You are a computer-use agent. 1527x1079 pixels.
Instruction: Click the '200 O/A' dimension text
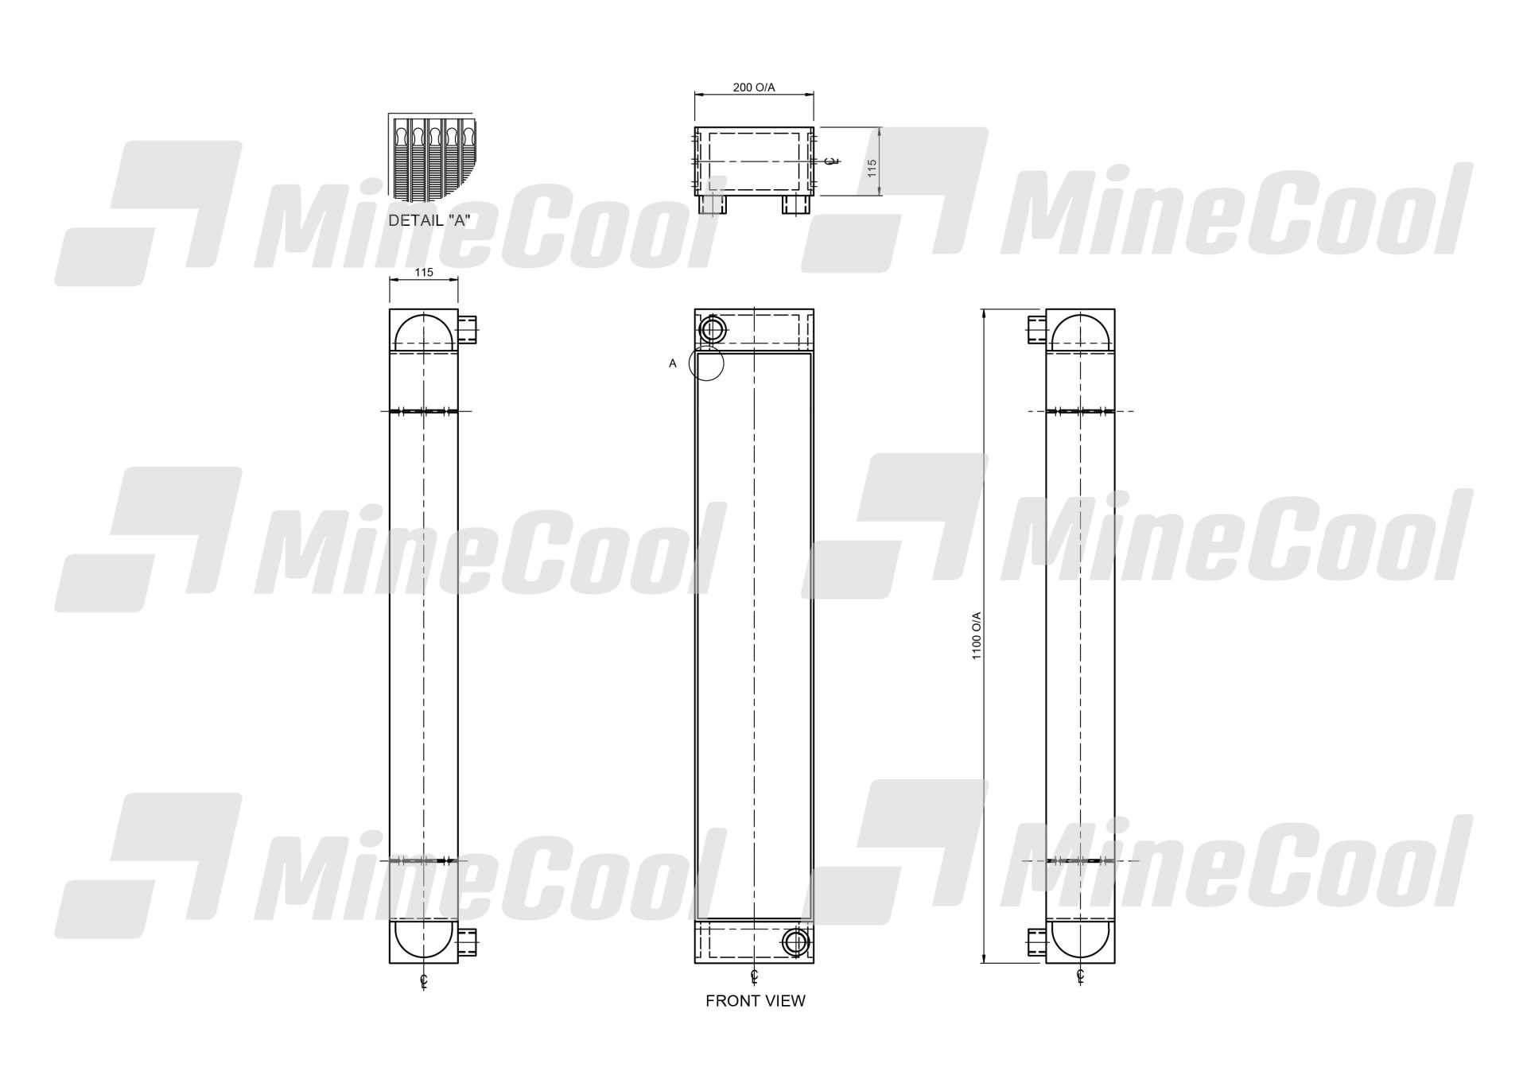(753, 87)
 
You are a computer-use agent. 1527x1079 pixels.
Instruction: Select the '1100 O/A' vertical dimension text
(977, 635)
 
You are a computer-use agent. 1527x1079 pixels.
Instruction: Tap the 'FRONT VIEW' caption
(755, 1001)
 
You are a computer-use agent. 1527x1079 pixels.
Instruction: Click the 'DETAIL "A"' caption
(427, 221)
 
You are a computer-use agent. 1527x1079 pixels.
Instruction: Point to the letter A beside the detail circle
(673, 363)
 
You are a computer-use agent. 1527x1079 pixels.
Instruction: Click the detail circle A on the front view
(706, 363)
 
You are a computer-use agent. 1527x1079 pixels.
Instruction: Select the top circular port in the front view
(712, 328)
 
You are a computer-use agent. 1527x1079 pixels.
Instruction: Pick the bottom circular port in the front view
(795, 942)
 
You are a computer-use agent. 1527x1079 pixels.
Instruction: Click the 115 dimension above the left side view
(424, 272)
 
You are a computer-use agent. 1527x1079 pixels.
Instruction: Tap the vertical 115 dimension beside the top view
(872, 168)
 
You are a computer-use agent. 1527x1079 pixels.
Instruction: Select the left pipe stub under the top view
(713, 204)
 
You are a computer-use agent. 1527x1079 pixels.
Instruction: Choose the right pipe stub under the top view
(795, 204)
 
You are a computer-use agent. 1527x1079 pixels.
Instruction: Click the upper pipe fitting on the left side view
(468, 328)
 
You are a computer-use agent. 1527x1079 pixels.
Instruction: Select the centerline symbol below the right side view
(1080, 976)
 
